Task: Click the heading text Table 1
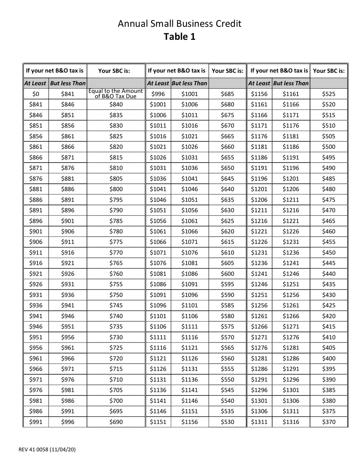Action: (x=180, y=37)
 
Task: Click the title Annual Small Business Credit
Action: (x=180, y=24)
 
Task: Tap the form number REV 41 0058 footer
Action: (x=47, y=450)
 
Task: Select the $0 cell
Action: (x=36, y=94)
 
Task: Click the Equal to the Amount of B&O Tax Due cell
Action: (x=116, y=94)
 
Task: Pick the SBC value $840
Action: (x=116, y=105)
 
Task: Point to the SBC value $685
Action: (x=227, y=94)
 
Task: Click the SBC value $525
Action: (x=329, y=94)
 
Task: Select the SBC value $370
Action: (x=329, y=422)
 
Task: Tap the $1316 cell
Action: (x=291, y=422)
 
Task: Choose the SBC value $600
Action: (x=227, y=274)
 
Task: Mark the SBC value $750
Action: (x=116, y=295)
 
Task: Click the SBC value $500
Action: (x=329, y=147)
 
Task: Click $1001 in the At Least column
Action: (x=158, y=105)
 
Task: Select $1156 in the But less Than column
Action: (x=189, y=422)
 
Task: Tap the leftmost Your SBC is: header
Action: (x=116, y=70)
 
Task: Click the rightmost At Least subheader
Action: (x=260, y=83)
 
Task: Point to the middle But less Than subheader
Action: (x=189, y=83)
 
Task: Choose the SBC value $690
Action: (x=116, y=422)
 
